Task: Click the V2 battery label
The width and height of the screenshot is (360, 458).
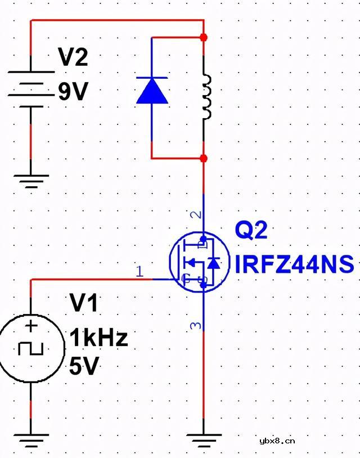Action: pos(73,57)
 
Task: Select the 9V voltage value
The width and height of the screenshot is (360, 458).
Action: pos(73,91)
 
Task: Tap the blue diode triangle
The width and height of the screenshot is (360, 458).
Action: pos(152,91)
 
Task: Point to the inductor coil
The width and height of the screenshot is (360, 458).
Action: pos(206,97)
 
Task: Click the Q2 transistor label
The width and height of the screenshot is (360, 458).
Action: pos(251,231)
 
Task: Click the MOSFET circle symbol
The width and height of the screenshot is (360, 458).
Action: pos(200,262)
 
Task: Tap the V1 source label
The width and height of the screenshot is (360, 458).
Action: pos(84,304)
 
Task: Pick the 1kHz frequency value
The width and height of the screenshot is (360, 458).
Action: pos(98,338)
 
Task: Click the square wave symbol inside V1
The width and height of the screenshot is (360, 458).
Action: pos(30,349)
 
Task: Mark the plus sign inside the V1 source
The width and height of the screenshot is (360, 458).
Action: pos(31,326)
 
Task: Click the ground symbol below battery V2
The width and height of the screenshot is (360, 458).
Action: pos(31,181)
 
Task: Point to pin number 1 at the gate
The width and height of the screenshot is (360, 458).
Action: pos(140,272)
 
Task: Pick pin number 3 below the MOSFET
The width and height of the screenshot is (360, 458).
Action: pos(195,326)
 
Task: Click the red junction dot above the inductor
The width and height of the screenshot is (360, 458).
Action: pos(204,37)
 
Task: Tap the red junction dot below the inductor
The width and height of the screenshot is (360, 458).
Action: pos(204,159)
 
